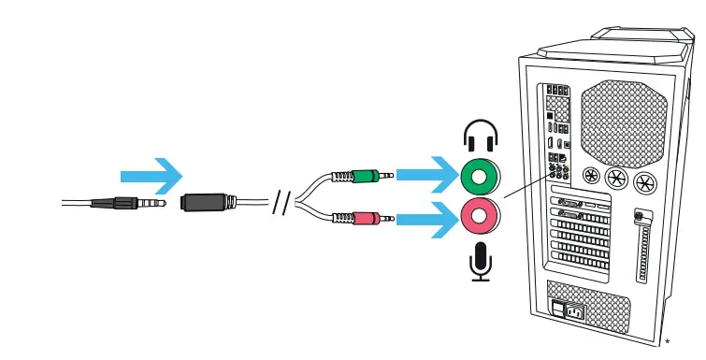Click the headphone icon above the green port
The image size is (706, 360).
point(481,137)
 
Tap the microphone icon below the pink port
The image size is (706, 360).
point(481,261)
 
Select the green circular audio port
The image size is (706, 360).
point(481,175)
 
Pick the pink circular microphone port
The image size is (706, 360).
point(481,219)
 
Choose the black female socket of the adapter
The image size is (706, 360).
point(205,202)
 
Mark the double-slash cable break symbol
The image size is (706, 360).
point(280,202)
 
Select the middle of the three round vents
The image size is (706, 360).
point(617,178)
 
